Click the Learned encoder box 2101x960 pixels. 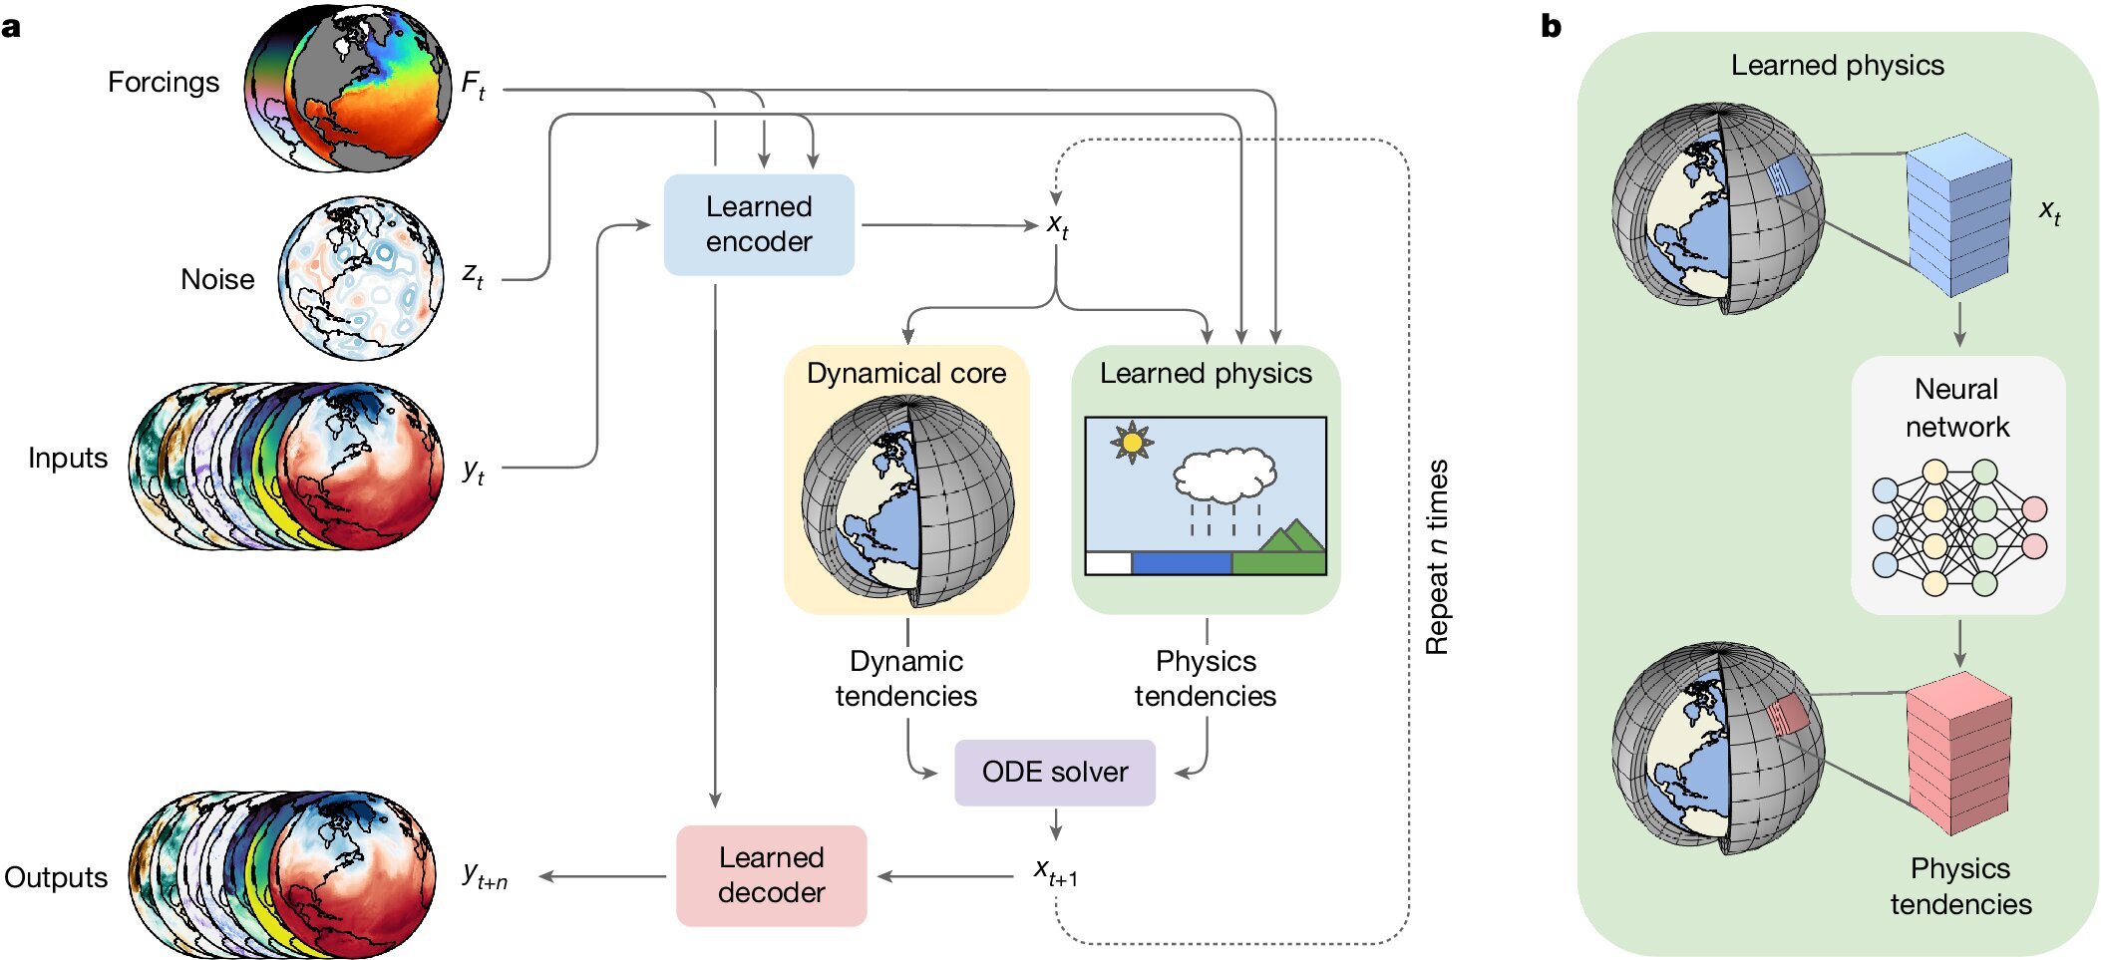pyautogui.click(x=759, y=224)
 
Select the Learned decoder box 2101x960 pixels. pyautogui.click(x=771, y=875)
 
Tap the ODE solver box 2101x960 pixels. pyautogui.click(x=1054, y=772)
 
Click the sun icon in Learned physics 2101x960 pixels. pyautogui.click(x=1132, y=442)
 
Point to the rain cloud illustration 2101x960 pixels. pyautogui.click(x=1225, y=479)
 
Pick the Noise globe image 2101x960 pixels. pyautogui.click(x=361, y=278)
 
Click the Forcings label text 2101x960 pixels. pyautogui.click(x=164, y=82)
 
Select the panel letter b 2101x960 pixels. pyautogui.click(x=1551, y=27)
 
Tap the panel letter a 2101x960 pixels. pyautogui.click(x=11, y=27)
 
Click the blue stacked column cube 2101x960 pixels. pyautogui.click(x=1958, y=214)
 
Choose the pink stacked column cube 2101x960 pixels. pyautogui.click(x=1958, y=753)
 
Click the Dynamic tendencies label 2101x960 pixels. pyautogui.click(x=905, y=678)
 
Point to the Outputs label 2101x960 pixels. pyautogui.click(x=56, y=877)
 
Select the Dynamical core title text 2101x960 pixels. pyautogui.click(x=906, y=373)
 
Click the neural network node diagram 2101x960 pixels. pyautogui.click(x=1958, y=527)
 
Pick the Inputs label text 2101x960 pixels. pyautogui.click(x=68, y=458)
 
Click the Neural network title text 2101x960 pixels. pyautogui.click(x=1957, y=407)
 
